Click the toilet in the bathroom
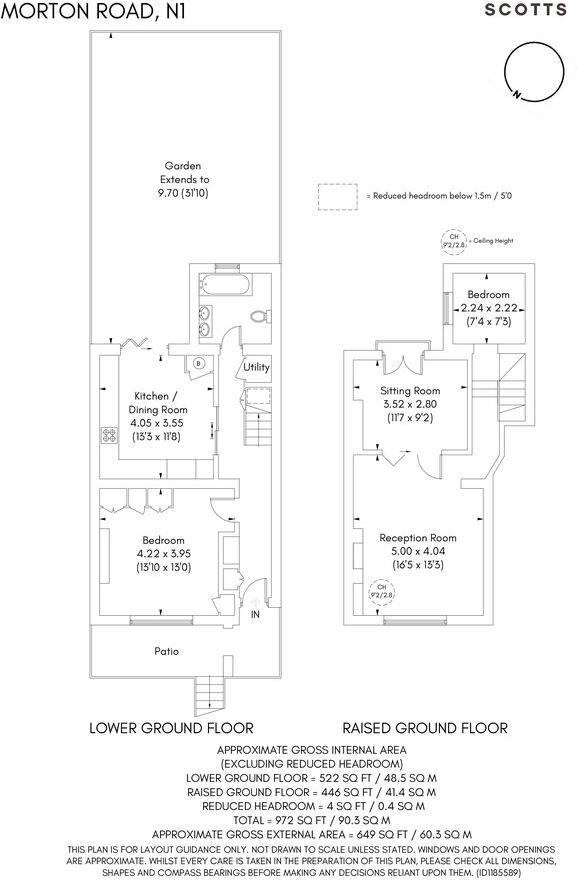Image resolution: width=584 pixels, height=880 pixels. (260, 317)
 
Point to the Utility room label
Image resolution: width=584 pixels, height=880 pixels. (257, 367)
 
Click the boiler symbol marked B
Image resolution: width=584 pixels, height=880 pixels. (200, 363)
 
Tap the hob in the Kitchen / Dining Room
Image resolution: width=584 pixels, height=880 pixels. (106, 435)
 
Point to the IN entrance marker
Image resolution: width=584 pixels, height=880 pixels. (256, 613)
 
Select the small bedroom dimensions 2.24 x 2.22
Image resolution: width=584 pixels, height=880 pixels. (485, 308)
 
